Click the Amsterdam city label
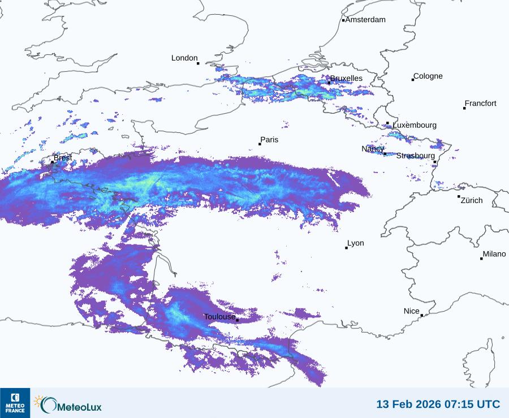pos(365,20)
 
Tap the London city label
pos(184,58)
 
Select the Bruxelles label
pos(346,78)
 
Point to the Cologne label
pos(428,76)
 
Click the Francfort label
pos(480,104)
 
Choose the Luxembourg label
pos(415,125)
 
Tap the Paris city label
pos(269,140)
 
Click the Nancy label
pos(373,149)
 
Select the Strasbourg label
pos(415,156)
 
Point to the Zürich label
pos(472,200)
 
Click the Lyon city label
pos(356,243)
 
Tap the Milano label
pos(494,254)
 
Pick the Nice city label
pos(412,311)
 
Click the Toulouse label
pos(219,317)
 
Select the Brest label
pos(63,158)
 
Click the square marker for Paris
pos(260,144)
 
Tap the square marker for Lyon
pos(346,248)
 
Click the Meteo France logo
pos(15,403)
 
